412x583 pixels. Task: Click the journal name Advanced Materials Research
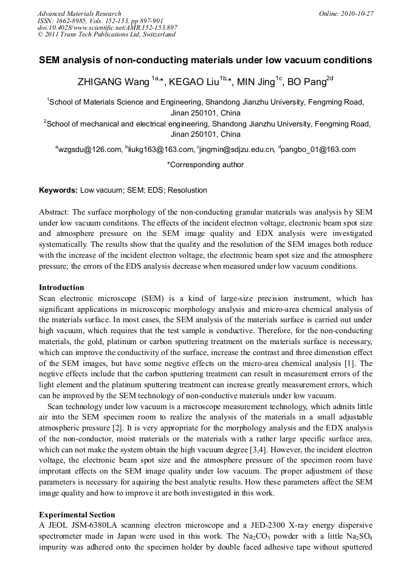[x=80, y=13]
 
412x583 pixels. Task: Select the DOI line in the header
[x=108, y=27]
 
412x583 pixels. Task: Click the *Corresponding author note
[x=205, y=165]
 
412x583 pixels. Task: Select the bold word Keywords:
[x=58, y=190]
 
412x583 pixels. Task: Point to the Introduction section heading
[x=61, y=288]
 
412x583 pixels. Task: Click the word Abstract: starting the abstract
[x=53, y=212]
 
